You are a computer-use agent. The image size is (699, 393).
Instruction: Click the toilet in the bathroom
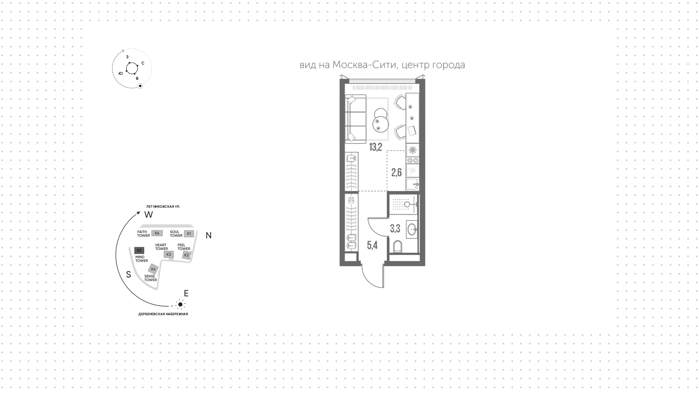(x=398, y=247)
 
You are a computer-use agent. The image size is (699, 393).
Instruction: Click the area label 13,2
(x=375, y=147)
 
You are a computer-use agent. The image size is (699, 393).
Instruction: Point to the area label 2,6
(x=396, y=172)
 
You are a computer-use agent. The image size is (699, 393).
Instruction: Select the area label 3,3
(x=395, y=229)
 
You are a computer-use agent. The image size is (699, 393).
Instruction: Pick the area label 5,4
(x=372, y=245)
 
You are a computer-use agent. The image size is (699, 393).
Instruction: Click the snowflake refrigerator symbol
(x=412, y=150)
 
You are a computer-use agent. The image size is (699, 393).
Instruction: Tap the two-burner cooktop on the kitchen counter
(x=412, y=160)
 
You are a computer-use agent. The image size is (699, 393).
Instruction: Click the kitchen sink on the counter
(x=412, y=184)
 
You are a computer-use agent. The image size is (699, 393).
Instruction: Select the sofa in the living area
(x=355, y=118)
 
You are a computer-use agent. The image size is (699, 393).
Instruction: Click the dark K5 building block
(x=139, y=250)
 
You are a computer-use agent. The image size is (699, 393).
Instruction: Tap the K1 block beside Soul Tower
(x=189, y=234)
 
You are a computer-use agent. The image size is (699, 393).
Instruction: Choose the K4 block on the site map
(x=153, y=269)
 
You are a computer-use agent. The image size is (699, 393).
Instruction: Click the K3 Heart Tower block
(x=169, y=254)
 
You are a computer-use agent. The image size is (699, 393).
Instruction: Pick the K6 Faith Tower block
(x=157, y=233)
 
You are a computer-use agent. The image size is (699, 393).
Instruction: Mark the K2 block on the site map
(x=186, y=255)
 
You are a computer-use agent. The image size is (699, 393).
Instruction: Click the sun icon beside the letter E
(x=180, y=304)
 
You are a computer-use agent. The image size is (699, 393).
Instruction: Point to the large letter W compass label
(x=149, y=215)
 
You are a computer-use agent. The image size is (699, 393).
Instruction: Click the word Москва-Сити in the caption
(x=364, y=65)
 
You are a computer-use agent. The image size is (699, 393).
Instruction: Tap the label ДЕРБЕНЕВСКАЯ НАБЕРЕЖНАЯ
(x=163, y=314)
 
